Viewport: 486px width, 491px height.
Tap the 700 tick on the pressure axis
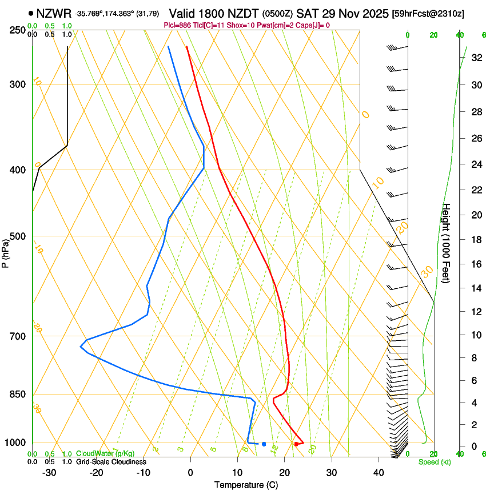[17, 336]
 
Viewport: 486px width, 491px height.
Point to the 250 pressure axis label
[17, 30]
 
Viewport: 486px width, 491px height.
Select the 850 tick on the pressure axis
[17, 395]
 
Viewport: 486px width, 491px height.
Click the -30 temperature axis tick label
[49, 473]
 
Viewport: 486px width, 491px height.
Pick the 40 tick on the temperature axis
[379, 473]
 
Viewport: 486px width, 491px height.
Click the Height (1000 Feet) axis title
[447, 243]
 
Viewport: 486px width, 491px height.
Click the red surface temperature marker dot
[296, 444]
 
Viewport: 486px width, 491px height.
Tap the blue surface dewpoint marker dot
[264, 444]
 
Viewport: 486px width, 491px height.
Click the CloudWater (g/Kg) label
[105, 454]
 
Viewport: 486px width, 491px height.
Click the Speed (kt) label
[434, 462]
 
